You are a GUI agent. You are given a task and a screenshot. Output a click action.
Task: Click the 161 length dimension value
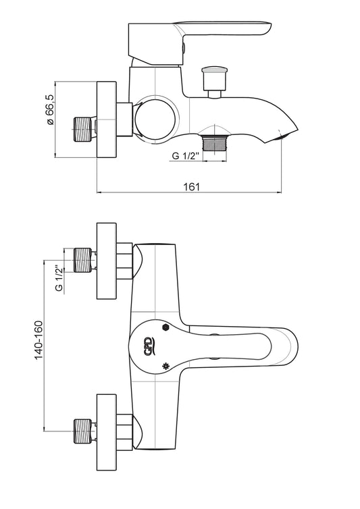192,186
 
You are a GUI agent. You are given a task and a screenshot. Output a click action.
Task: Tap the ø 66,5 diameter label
50,110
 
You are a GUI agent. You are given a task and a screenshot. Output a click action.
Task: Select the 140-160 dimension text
38,340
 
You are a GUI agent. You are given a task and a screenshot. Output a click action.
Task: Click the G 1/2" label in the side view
185,156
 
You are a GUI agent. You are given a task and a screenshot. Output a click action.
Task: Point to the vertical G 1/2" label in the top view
59,279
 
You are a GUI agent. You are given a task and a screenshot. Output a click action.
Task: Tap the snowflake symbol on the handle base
165,367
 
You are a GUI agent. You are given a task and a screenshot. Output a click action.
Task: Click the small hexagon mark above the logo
165,327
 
